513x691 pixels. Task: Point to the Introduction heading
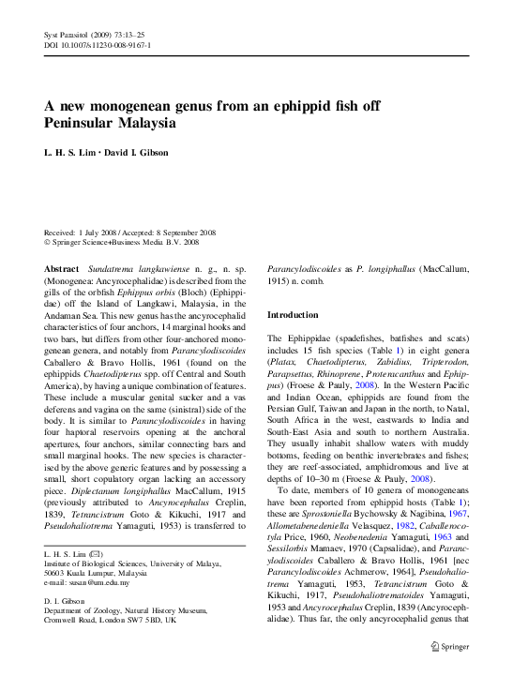298,315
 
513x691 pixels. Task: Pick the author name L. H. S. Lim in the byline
68,153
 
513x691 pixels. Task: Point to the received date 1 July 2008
99,231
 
